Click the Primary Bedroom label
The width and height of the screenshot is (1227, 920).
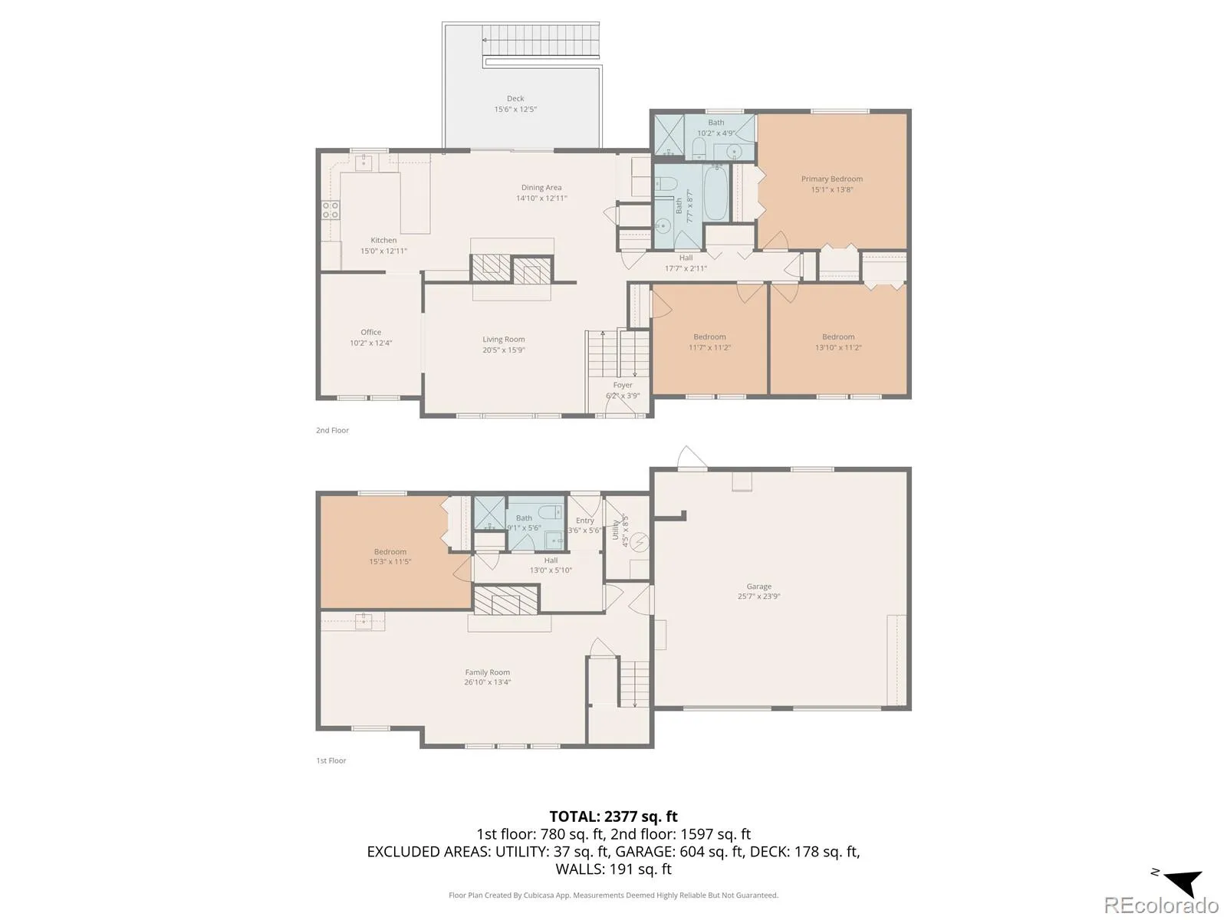[x=831, y=179]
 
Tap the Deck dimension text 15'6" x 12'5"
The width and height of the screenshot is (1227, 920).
[x=515, y=109]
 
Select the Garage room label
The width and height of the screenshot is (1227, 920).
[x=758, y=586]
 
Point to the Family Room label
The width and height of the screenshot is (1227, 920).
[x=488, y=672]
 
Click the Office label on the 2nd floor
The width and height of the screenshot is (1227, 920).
[x=370, y=332]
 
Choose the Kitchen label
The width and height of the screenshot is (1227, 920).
[x=383, y=240]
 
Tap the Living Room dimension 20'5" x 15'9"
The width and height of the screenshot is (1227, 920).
[x=504, y=350]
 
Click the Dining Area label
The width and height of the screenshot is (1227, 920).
[x=541, y=188]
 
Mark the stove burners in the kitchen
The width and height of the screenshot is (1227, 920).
[x=331, y=210]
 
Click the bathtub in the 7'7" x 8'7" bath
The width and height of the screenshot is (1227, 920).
[x=716, y=193]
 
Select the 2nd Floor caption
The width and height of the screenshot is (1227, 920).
[x=332, y=430]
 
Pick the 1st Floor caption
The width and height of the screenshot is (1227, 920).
[x=331, y=761]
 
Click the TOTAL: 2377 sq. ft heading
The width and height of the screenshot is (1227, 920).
[x=613, y=816]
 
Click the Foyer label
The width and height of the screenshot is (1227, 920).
[x=622, y=385]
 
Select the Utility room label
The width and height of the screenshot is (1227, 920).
[x=616, y=530]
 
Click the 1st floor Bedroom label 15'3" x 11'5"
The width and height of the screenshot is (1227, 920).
[x=390, y=551]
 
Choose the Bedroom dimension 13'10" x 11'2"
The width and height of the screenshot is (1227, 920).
[x=838, y=347]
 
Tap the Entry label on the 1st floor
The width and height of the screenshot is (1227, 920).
[x=584, y=520]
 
